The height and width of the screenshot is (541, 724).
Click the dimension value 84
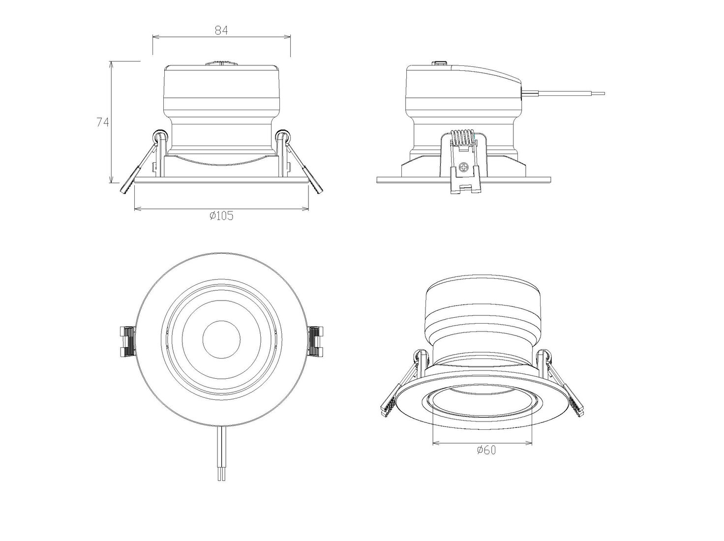click(221, 30)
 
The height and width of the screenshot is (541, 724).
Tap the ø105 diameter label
click(221, 215)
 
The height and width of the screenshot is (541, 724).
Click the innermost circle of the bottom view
click(221, 340)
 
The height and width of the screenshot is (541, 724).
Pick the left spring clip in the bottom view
click(127, 341)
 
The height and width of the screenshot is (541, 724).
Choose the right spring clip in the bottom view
click(315, 341)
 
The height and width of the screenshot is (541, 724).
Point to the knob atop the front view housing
click(221, 63)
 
